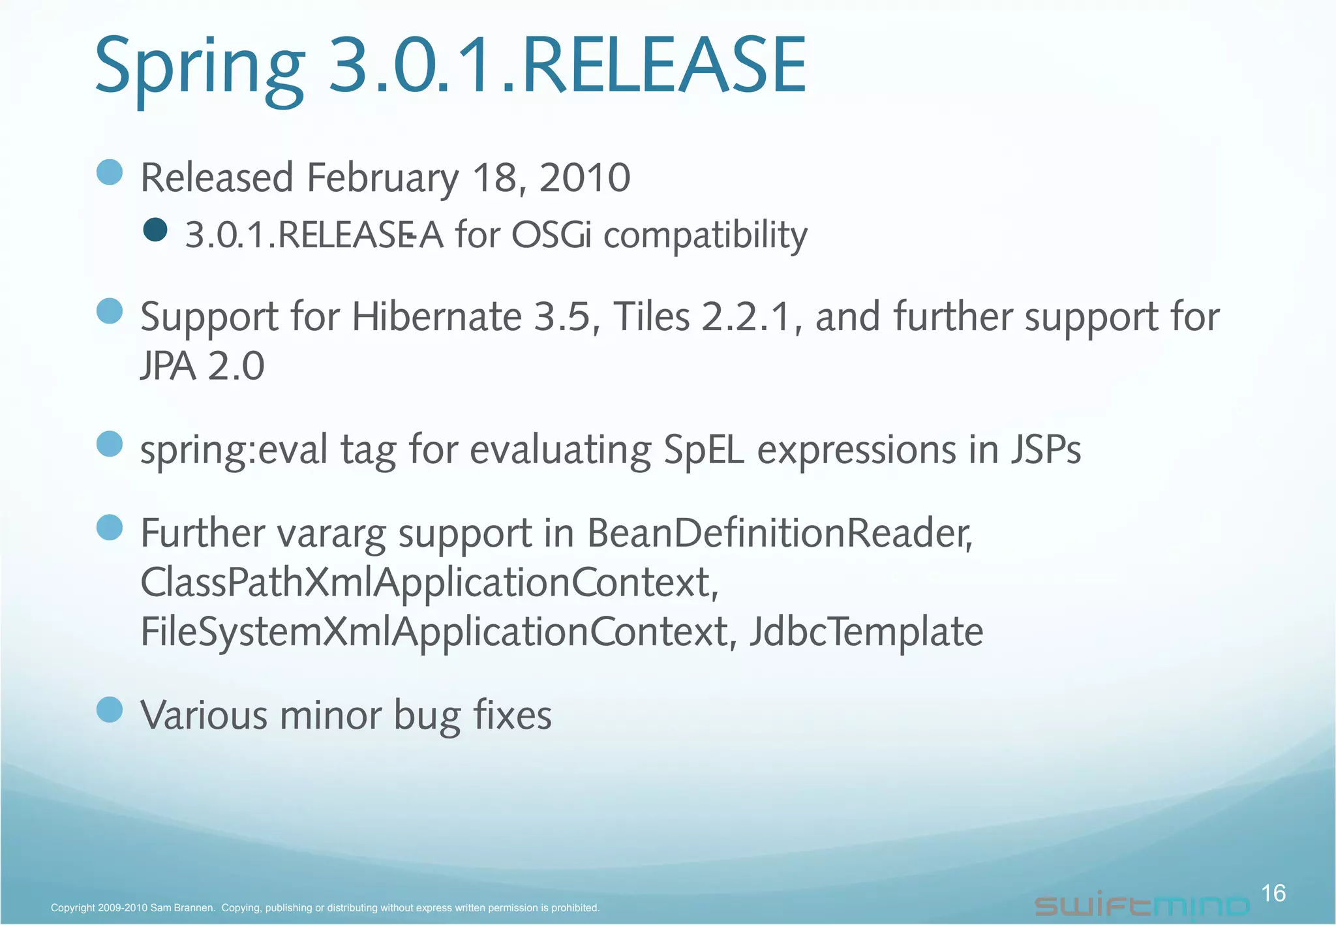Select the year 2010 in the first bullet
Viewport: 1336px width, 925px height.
tap(584, 178)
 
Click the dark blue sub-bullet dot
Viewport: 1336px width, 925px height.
tap(155, 230)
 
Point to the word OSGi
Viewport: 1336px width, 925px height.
tap(551, 235)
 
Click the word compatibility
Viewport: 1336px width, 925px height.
tap(705, 236)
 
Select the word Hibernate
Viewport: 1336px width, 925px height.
tap(436, 317)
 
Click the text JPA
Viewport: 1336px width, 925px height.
tap(168, 366)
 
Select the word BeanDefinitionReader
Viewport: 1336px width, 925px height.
tap(780, 534)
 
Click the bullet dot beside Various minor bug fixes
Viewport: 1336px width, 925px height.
tap(110, 710)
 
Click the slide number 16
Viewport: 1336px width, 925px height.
tap(1273, 893)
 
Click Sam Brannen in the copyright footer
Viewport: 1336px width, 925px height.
tap(182, 908)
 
